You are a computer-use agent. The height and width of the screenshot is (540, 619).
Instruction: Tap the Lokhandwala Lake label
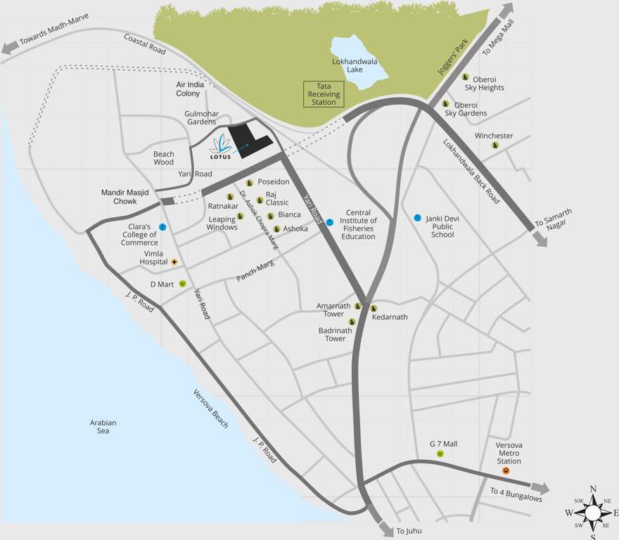355,65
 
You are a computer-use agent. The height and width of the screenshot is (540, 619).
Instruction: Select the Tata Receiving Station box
324,94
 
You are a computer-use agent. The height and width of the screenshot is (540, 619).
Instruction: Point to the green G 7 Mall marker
440,454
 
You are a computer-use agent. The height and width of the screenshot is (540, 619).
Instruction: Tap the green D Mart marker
182,284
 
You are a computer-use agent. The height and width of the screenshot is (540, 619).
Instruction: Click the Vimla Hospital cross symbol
174,262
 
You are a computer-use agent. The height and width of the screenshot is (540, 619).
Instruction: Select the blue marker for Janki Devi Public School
417,218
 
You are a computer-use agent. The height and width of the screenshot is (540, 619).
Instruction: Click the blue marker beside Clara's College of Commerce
162,227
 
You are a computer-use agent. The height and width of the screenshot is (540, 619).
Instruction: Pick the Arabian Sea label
103,427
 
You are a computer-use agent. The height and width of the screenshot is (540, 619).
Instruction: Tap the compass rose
592,512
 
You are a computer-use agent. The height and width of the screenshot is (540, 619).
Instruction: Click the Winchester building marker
495,145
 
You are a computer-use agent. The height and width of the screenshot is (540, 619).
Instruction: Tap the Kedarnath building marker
374,308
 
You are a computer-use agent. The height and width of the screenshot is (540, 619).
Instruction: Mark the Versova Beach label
211,409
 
